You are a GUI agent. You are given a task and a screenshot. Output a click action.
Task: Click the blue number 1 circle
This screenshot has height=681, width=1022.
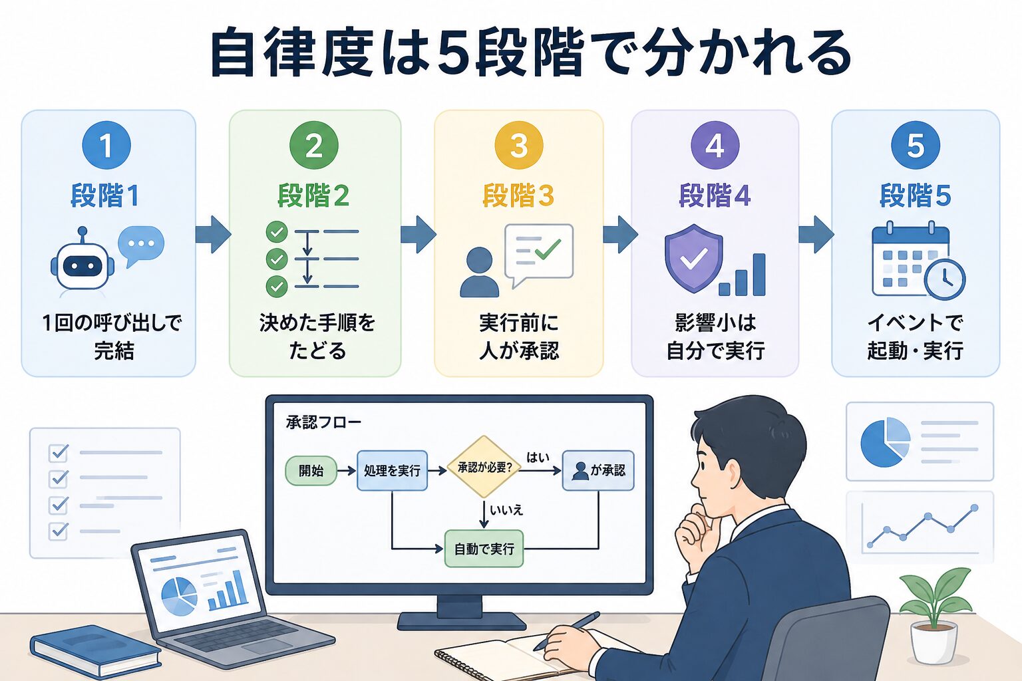point(106,145)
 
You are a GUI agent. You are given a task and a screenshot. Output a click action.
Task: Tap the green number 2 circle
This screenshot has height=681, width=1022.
point(314,145)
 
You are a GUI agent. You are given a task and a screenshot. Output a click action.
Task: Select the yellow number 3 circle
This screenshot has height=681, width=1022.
point(519,145)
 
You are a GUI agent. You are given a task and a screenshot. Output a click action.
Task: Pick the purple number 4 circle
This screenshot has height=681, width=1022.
point(715,145)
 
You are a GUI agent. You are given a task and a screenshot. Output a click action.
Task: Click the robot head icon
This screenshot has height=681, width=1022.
point(82,265)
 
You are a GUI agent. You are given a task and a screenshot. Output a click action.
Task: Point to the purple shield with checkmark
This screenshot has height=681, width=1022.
point(693,258)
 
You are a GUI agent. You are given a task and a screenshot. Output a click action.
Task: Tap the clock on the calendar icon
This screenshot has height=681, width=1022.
point(945,279)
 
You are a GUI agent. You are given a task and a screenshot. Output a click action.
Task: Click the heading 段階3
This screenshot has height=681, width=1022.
point(518,196)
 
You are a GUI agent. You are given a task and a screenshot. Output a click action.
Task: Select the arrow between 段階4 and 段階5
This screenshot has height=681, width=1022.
point(816,235)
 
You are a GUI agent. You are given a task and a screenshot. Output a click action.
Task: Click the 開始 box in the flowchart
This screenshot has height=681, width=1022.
point(311,470)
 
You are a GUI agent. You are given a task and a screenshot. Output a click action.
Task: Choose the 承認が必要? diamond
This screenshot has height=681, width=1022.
point(484,467)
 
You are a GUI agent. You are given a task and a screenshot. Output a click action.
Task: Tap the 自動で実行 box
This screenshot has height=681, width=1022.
point(484,549)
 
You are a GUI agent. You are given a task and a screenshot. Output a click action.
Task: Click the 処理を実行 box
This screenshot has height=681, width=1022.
point(392,470)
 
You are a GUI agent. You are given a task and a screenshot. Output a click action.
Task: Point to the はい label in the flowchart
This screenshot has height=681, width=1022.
point(538,457)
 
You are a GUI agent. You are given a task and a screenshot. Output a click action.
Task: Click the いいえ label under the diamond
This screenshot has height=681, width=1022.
point(506,510)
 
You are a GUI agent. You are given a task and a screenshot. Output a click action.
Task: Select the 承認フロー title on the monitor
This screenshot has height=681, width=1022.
point(323,422)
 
